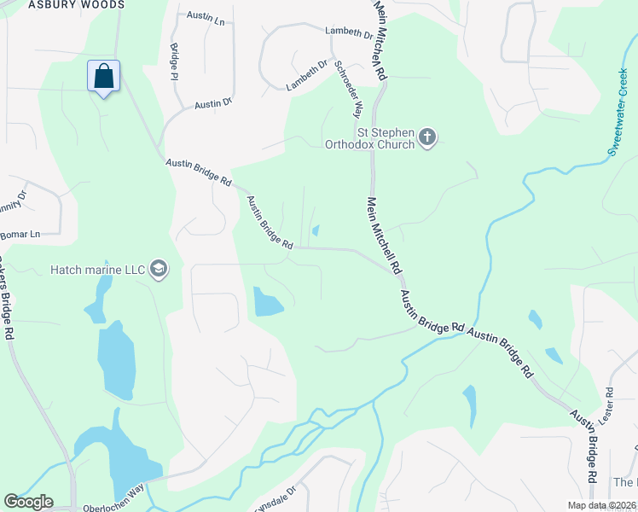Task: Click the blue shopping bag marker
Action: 103,76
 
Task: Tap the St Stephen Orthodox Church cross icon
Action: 427,137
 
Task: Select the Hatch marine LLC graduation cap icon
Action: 158,270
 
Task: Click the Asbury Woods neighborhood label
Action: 76,5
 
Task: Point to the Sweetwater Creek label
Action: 621,111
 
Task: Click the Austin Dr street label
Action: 213,104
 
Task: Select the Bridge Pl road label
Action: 174,61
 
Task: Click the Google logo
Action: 28,502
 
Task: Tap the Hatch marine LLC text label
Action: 97,270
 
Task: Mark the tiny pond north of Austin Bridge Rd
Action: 316,230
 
